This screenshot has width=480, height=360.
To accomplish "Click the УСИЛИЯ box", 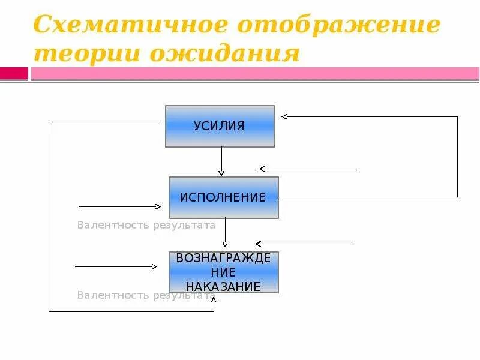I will pyautogui.click(x=220, y=126).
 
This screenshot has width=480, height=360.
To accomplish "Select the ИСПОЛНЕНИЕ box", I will pyautogui.click(x=224, y=197).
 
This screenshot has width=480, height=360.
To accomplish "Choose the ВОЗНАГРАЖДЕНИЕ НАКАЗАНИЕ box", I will pyautogui.click(x=224, y=272).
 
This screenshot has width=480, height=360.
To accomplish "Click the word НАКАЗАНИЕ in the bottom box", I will pyautogui.click(x=224, y=286).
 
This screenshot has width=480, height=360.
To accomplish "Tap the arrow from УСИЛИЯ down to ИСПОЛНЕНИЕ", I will pyautogui.click(x=221, y=161).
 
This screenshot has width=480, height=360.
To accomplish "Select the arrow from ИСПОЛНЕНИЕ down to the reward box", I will pyautogui.click(x=225, y=233).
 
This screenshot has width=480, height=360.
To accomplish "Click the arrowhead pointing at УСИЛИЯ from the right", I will pyautogui.click(x=285, y=116).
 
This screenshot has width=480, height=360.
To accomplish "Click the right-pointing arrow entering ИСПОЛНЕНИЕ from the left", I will pyautogui.click(x=120, y=206).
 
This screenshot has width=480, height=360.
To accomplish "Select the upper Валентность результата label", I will pyautogui.click(x=146, y=226).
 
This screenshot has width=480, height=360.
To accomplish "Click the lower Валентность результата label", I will pyautogui.click(x=146, y=295).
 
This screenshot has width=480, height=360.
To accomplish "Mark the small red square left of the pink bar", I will pyautogui.click(x=14, y=73).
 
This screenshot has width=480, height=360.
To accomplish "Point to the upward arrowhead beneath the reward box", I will pyautogui.click(x=214, y=298).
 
